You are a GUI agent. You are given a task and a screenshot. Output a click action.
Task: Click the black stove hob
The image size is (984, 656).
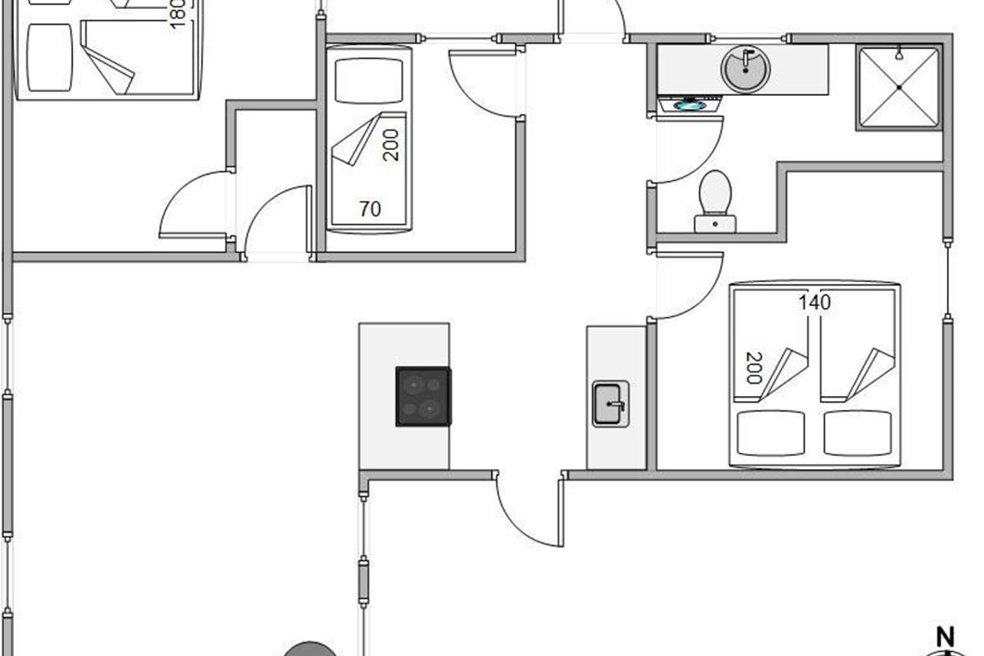(x=423, y=396)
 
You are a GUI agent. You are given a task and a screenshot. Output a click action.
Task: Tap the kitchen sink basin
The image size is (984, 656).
(x=610, y=403)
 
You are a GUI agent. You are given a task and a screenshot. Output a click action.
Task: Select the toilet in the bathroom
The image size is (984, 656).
(x=715, y=201)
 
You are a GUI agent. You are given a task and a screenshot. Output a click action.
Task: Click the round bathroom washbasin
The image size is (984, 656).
(x=745, y=69)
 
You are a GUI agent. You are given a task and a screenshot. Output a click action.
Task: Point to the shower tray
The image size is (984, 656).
(x=899, y=88)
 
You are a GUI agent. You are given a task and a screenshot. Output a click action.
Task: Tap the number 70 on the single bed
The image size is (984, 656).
(x=370, y=210)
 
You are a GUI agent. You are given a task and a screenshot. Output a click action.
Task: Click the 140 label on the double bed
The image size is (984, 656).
(x=814, y=303)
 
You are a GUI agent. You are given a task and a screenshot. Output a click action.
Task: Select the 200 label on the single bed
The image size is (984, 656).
(x=391, y=144)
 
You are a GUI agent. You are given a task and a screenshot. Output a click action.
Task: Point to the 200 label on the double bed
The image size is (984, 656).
(x=753, y=367)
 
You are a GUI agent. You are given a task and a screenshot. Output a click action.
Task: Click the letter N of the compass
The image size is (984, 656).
(x=946, y=637)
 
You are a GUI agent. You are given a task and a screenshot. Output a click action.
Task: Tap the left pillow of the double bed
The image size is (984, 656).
(x=770, y=433)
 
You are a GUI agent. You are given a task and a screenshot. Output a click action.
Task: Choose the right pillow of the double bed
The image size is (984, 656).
(x=857, y=433)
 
